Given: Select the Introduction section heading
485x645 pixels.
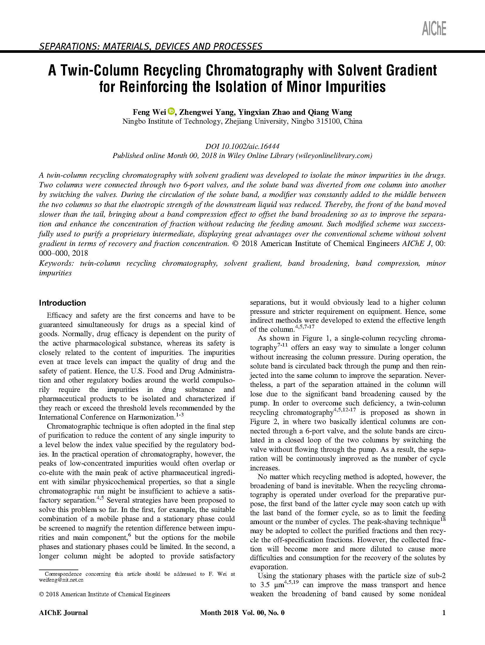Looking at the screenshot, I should point(62,303).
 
